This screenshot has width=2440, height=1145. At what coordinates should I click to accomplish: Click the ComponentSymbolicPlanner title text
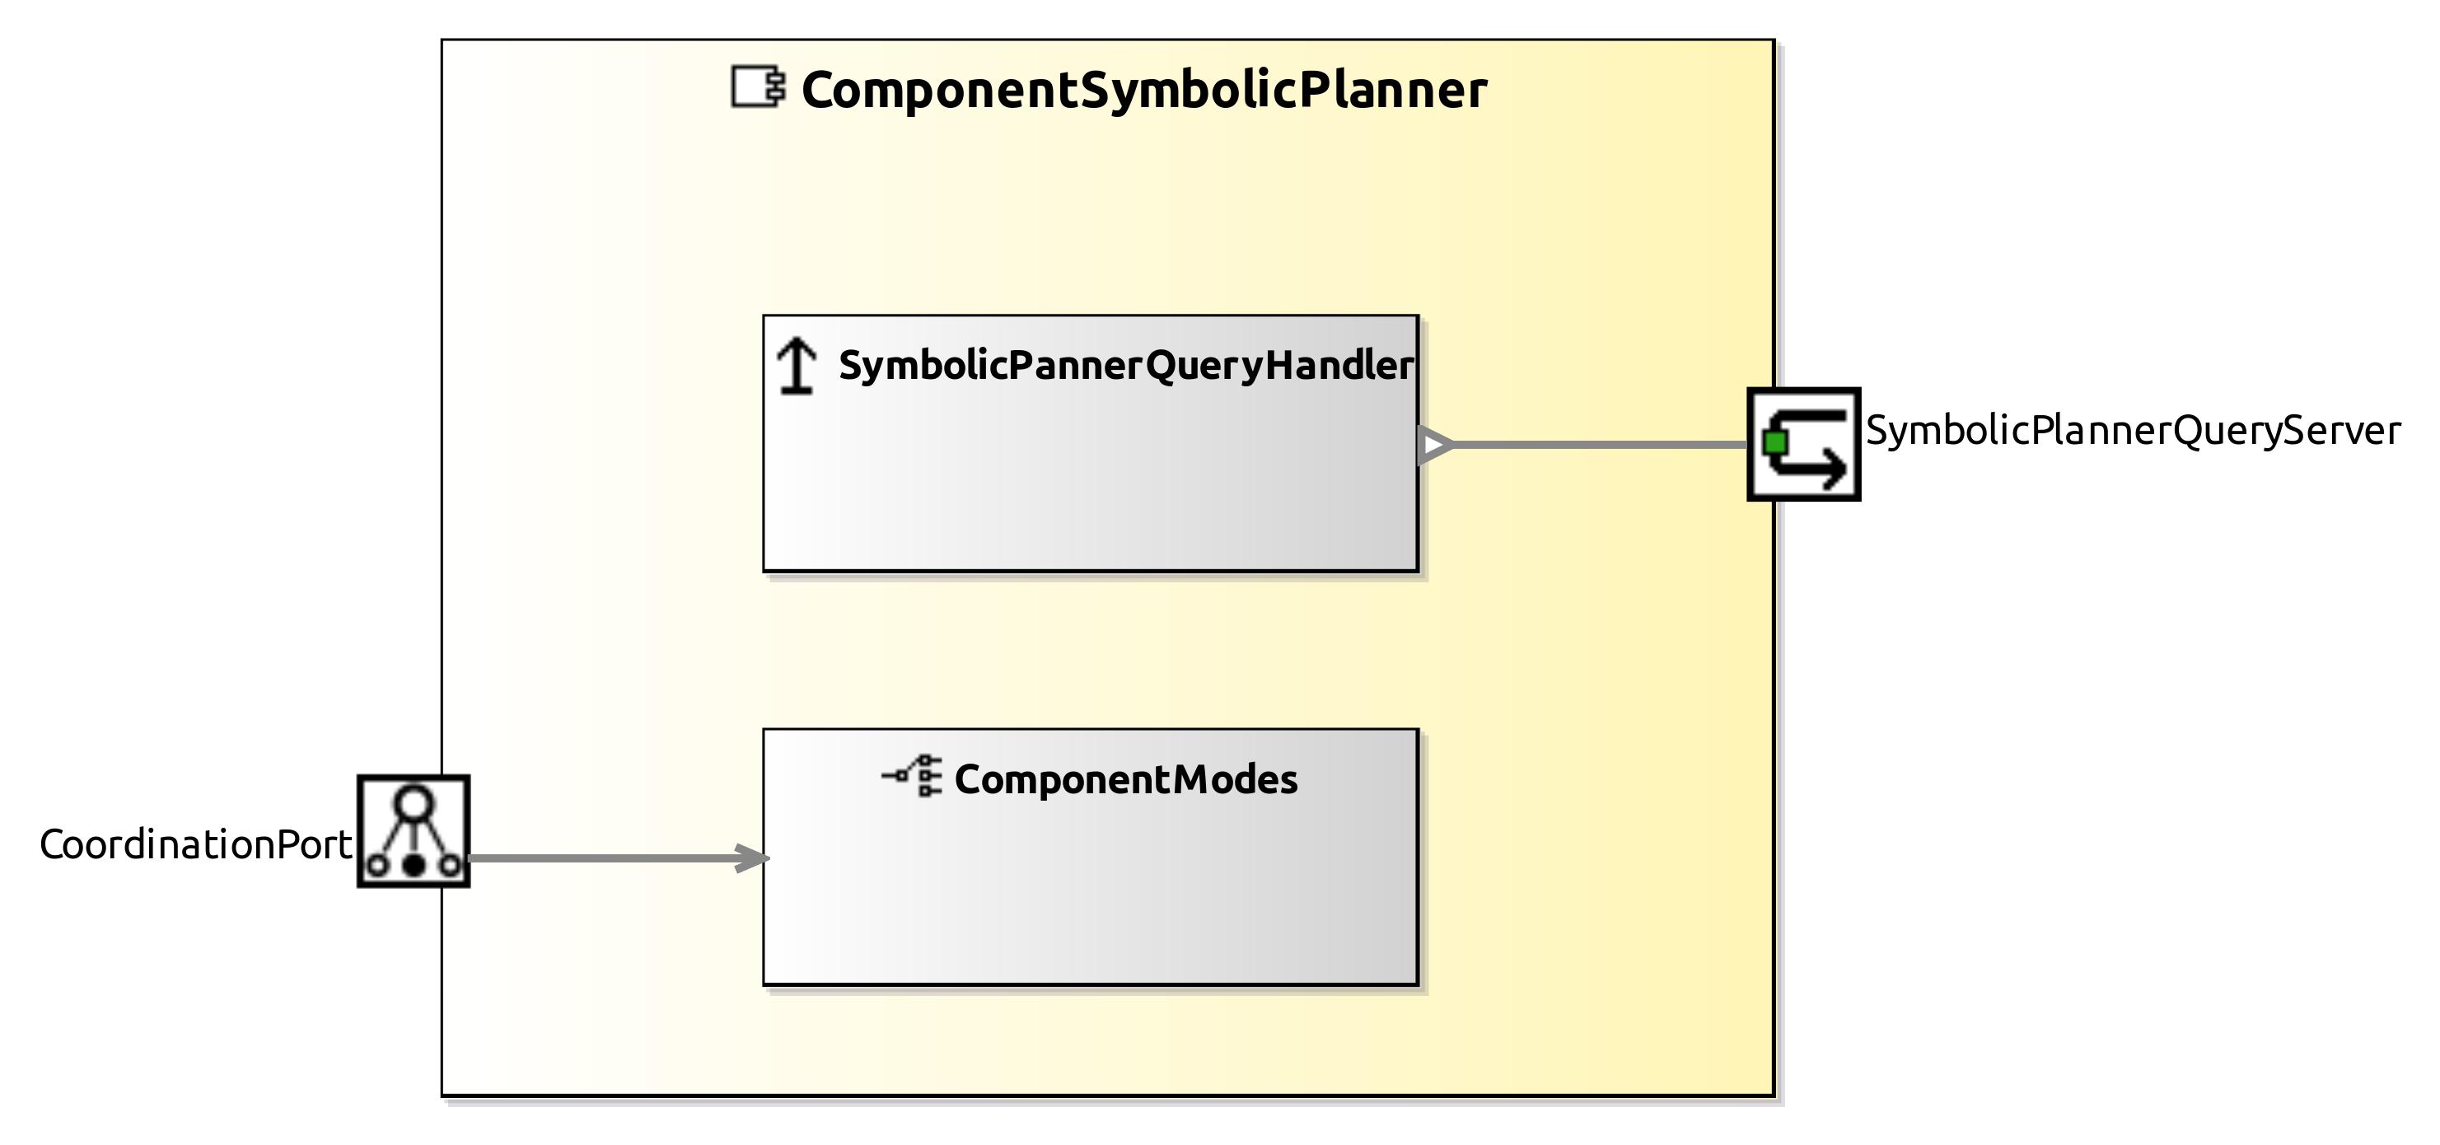1143,91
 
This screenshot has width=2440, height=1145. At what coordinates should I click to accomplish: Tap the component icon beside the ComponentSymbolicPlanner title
758,87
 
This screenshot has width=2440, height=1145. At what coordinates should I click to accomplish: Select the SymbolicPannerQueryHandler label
1125,366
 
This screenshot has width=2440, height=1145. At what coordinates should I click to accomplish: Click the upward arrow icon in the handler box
797,367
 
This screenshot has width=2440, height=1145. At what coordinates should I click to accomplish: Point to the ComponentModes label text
1125,779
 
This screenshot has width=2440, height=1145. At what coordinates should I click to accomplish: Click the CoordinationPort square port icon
414,831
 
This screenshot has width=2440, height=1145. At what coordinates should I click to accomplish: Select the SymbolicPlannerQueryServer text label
2132,431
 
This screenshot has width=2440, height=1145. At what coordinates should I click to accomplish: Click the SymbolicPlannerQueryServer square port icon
1803,444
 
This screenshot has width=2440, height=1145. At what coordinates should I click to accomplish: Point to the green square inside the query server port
1776,442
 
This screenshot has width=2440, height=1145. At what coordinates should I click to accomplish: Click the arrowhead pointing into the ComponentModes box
754,859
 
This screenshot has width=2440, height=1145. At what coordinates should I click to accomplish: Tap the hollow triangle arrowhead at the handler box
1434,445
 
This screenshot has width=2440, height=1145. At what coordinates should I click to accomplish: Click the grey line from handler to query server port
1601,444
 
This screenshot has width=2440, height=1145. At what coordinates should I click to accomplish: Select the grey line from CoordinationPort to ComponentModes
606,859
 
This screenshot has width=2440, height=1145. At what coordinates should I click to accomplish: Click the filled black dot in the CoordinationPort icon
414,865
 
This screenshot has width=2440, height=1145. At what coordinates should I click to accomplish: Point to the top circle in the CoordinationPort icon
414,803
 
